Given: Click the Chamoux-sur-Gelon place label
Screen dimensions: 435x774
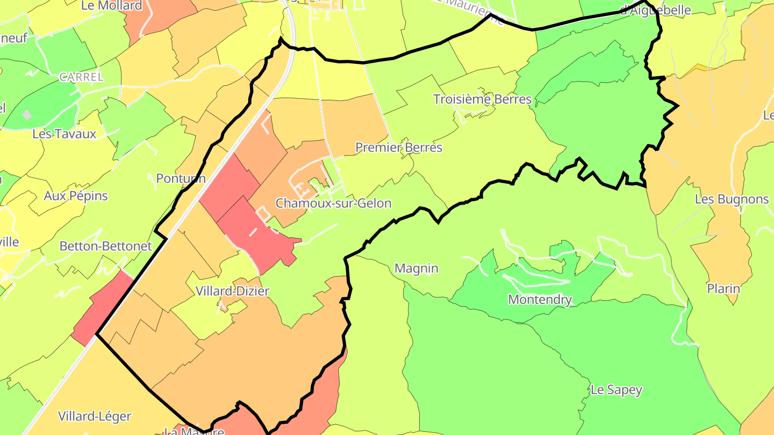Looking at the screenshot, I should (x=333, y=204).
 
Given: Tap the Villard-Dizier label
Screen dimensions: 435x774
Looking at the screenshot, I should (x=232, y=291).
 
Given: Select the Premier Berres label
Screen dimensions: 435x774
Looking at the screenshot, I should (x=399, y=148).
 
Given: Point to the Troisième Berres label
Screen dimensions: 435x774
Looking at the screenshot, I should (x=482, y=99).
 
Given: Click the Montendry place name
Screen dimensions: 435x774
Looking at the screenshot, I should (x=540, y=300).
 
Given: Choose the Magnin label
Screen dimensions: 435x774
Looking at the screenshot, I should (x=417, y=269).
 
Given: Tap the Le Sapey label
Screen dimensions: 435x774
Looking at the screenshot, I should (x=616, y=390).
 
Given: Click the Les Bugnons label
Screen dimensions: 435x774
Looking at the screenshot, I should (x=732, y=199).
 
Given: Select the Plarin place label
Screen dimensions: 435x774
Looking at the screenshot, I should (x=723, y=289).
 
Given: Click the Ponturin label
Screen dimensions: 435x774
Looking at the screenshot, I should (x=181, y=178).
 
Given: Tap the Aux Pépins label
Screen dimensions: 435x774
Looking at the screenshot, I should (x=76, y=196).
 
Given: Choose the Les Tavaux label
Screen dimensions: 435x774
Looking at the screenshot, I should (x=64, y=134).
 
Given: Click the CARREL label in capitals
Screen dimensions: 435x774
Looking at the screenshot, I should (x=81, y=77).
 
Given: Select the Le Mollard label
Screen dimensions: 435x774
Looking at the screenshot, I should (x=112, y=6).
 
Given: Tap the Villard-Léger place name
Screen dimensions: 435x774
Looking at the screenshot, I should (x=95, y=416).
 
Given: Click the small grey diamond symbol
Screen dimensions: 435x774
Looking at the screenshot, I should (x=27, y=115).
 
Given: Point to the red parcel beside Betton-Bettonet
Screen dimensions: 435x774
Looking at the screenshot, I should (x=102, y=308).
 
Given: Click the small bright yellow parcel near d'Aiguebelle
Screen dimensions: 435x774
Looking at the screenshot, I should (x=699, y=68).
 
